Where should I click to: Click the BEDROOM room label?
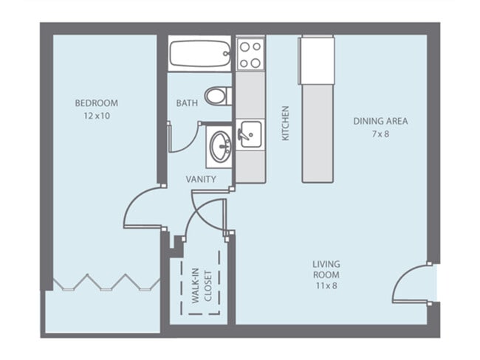96,103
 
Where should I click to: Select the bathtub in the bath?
200,53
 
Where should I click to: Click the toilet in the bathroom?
218,95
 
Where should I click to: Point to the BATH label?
186,103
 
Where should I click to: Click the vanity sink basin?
219,147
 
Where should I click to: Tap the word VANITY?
201,179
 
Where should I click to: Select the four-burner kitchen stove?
250,53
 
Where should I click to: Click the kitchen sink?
250,134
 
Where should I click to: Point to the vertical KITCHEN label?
285,123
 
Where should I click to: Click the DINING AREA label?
380,121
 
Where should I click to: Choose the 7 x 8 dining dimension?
380,134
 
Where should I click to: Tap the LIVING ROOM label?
325,269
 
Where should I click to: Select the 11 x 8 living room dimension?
325,285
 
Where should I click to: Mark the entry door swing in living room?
411,285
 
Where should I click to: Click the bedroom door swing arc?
140,207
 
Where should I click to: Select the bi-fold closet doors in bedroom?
103,282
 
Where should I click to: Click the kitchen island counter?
318,111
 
